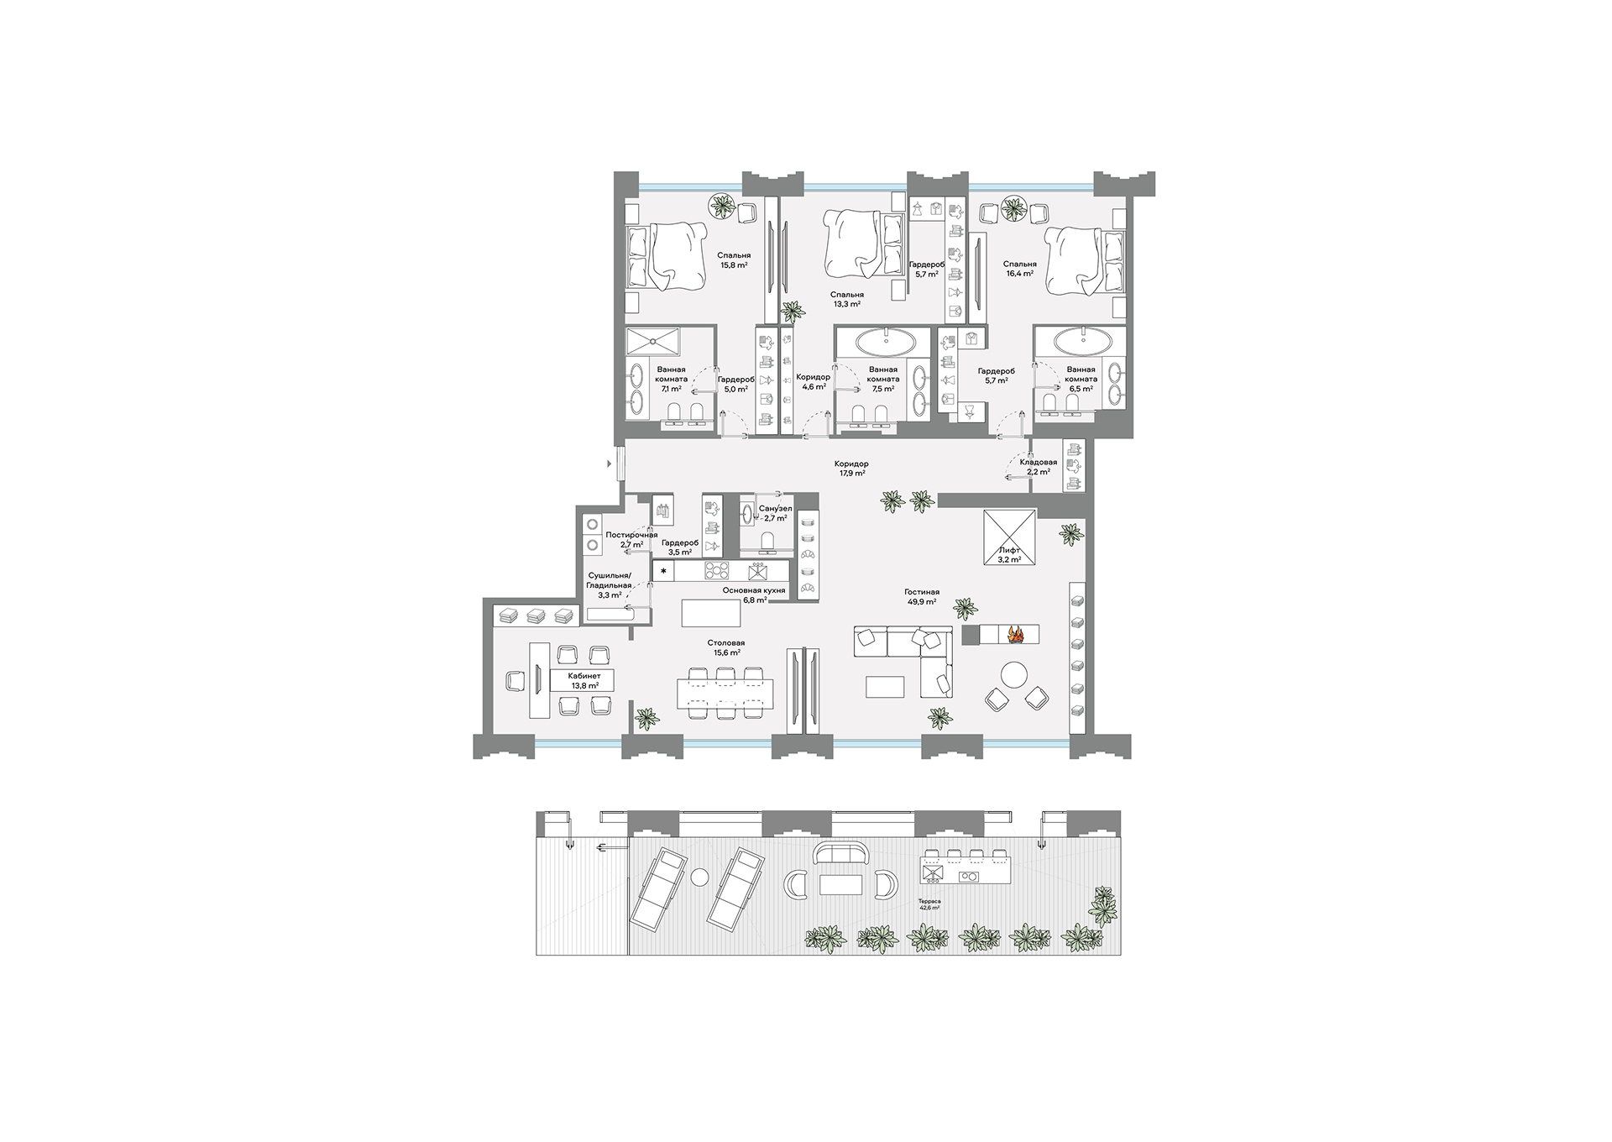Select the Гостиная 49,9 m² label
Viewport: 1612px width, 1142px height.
(922, 597)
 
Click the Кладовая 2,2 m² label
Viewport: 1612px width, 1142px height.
(1039, 467)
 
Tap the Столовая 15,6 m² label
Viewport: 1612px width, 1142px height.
(726, 647)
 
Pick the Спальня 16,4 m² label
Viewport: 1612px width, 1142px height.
(1019, 269)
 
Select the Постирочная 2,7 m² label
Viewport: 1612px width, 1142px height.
(632, 540)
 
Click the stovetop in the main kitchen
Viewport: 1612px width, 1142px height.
(718, 571)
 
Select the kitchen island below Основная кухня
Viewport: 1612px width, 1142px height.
(712, 613)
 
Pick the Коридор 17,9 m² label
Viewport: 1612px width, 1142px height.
(851, 469)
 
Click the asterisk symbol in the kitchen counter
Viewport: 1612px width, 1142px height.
(665, 572)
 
